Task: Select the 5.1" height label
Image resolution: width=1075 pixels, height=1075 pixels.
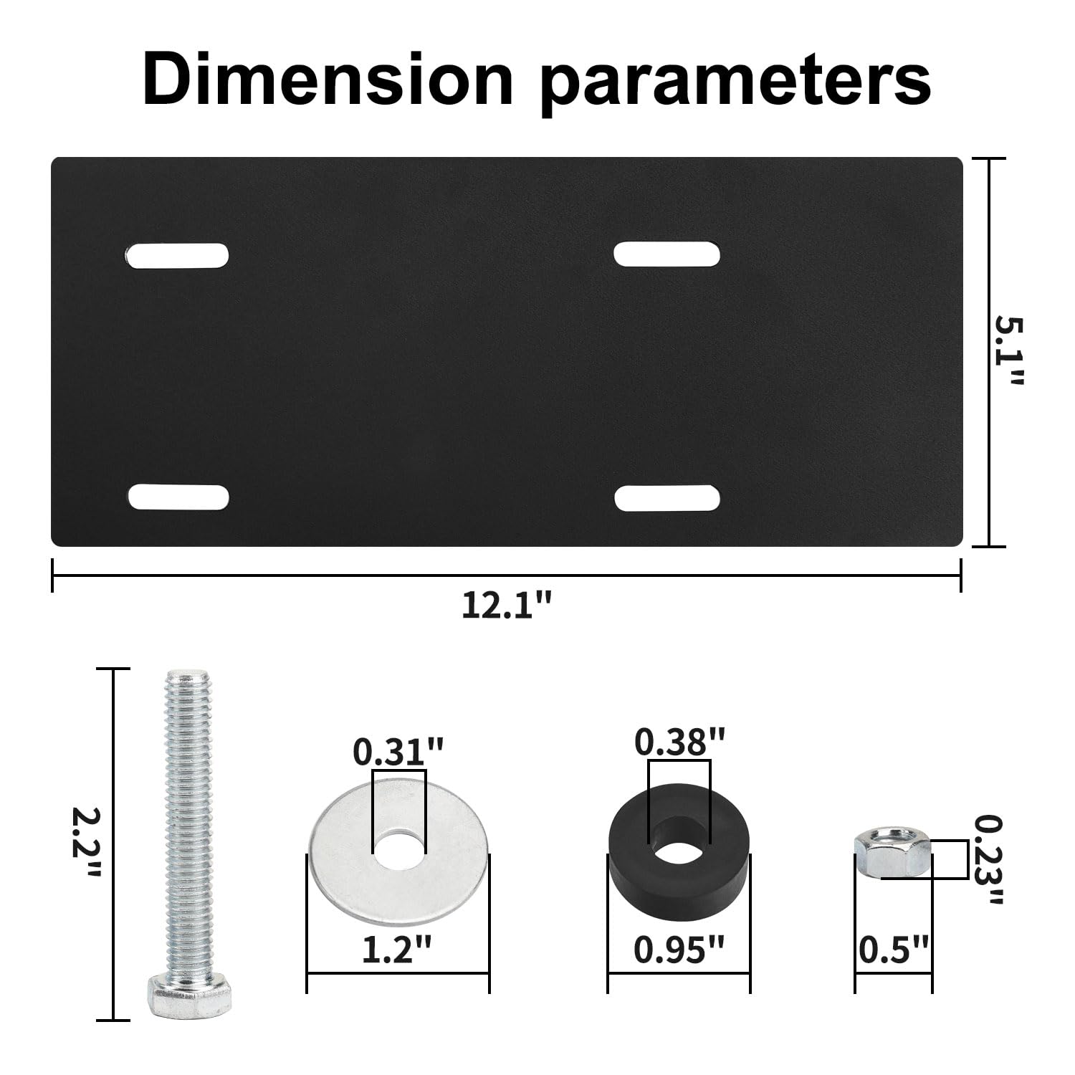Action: pos(1010,351)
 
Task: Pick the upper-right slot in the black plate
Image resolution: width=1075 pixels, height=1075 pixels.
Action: pos(667,254)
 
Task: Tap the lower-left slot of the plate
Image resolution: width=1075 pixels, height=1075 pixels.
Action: pos(178,497)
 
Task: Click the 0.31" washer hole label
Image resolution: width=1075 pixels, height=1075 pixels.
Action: pos(398,752)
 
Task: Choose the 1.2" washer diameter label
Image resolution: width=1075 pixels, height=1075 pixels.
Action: pos(398,951)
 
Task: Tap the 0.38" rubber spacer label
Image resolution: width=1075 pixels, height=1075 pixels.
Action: pos(679,742)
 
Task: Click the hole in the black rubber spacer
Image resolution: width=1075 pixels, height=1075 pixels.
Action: pos(679,851)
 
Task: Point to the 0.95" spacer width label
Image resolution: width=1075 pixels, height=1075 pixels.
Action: pos(679,951)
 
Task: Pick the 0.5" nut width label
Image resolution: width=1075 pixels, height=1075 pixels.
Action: pos(894,951)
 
